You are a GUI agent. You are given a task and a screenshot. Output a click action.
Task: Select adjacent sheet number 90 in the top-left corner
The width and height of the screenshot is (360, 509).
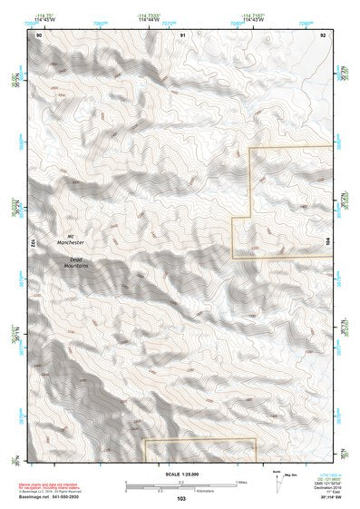(x=39, y=34)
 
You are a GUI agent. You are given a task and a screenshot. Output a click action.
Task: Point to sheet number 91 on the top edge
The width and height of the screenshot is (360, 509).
(x=182, y=34)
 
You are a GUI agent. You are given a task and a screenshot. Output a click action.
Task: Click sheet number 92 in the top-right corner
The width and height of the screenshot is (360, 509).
(x=324, y=34)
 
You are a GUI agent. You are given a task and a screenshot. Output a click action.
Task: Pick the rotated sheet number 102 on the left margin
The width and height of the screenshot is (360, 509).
(x=33, y=244)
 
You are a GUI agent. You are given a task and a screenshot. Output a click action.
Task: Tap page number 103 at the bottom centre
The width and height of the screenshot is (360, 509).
(x=181, y=499)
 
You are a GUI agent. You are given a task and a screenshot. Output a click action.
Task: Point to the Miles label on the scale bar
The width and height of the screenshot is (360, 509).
(x=242, y=482)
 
